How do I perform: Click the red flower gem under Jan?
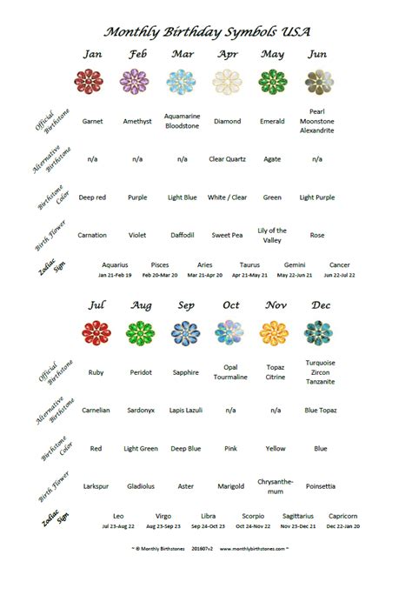pyautogui.click(x=92, y=83)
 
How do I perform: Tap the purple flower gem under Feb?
pyautogui.click(x=137, y=83)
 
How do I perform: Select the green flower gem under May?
pyautogui.click(x=272, y=83)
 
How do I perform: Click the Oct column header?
pyautogui.click(x=230, y=305)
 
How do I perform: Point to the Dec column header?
pyautogui.click(x=320, y=305)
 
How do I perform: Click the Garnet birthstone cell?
pyautogui.click(x=92, y=122)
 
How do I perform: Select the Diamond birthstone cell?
pyautogui.click(x=227, y=122)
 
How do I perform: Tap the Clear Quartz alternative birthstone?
pyautogui.click(x=227, y=159)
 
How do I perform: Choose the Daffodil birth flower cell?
pyautogui.click(x=182, y=235)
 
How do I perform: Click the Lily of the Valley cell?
pyautogui.click(x=272, y=235)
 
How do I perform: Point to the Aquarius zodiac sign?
pyautogui.click(x=115, y=264)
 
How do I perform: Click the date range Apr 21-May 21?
pyautogui.click(x=249, y=275)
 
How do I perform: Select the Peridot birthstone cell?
pyautogui.click(x=141, y=372)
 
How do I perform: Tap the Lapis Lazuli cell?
pyautogui.click(x=185, y=410)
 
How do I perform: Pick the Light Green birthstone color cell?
pyautogui.click(x=141, y=449)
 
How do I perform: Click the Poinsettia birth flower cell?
pyautogui.click(x=320, y=486)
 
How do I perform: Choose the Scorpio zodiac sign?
pyautogui.click(x=253, y=516)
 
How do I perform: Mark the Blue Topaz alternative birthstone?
pyautogui.click(x=320, y=410)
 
